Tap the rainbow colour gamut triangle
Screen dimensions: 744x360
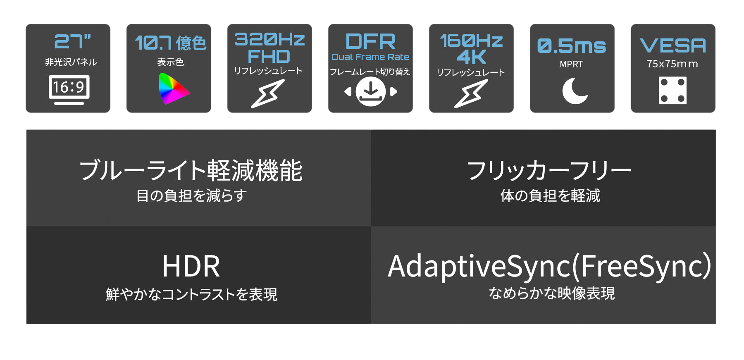[173, 89]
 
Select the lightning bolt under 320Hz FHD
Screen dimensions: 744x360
[268, 94]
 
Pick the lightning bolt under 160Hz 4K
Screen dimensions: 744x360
[471, 94]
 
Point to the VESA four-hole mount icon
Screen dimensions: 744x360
[672, 90]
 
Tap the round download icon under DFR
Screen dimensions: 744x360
[370, 91]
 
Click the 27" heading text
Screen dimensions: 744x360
[72, 41]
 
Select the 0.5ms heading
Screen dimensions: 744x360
[572, 46]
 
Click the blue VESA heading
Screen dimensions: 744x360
[673, 45]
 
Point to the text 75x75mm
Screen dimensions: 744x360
[672, 64]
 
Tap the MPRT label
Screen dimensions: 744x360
[571, 64]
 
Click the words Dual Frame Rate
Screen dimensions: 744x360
[370, 57]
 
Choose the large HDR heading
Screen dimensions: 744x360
[191, 267]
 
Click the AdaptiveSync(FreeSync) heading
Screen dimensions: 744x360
[550, 267]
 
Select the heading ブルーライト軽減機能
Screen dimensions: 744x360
[191, 170]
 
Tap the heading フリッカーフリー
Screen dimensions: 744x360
[549, 170]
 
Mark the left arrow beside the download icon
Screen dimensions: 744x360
[348, 91]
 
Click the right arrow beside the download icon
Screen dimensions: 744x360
[393, 91]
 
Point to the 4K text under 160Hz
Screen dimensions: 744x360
[471, 57]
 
